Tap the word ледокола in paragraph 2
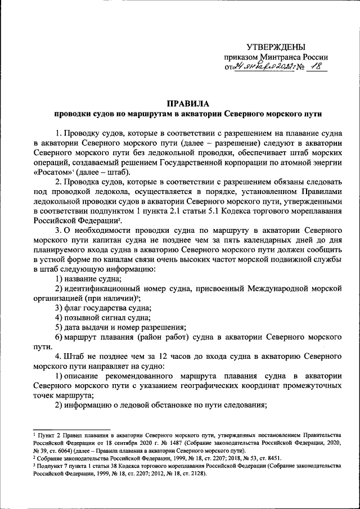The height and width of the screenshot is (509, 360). pyautogui.click(x=122, y=192)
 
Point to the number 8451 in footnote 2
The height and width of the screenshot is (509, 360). pyautogui.click(x=272, y=458)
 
